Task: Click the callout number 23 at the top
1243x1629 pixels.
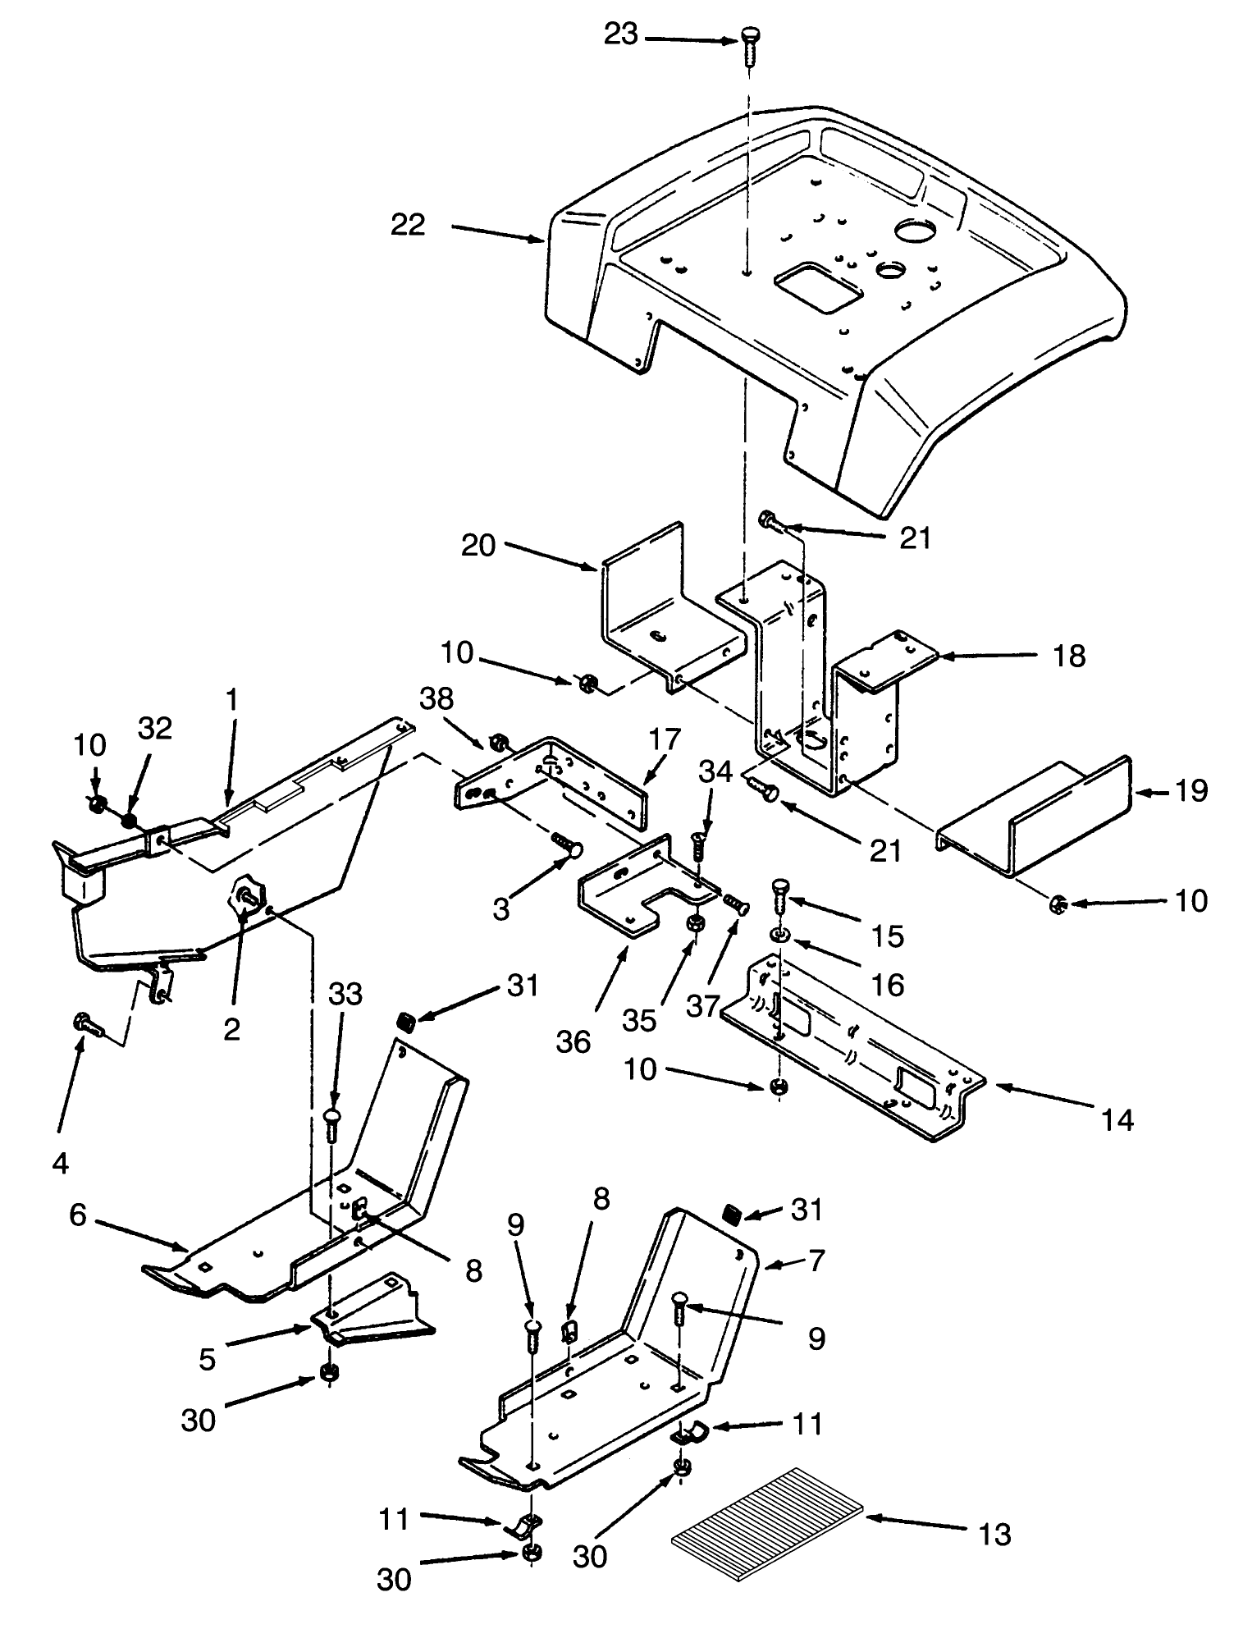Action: click(621, 34)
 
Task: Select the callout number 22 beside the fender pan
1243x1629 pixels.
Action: click(408, 225)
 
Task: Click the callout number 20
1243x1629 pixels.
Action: click(478, 545)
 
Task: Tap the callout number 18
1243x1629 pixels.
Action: click(1069, 656)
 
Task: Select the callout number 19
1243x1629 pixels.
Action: click(1190, 791)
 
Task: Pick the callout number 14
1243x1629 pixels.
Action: click(1118, 1119)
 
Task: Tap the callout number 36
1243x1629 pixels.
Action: click(573, 1041)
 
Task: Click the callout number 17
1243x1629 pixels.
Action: click(665, 739)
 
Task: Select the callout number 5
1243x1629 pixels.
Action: click(207, 1360)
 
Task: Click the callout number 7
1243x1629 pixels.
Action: click(816, 1261)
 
